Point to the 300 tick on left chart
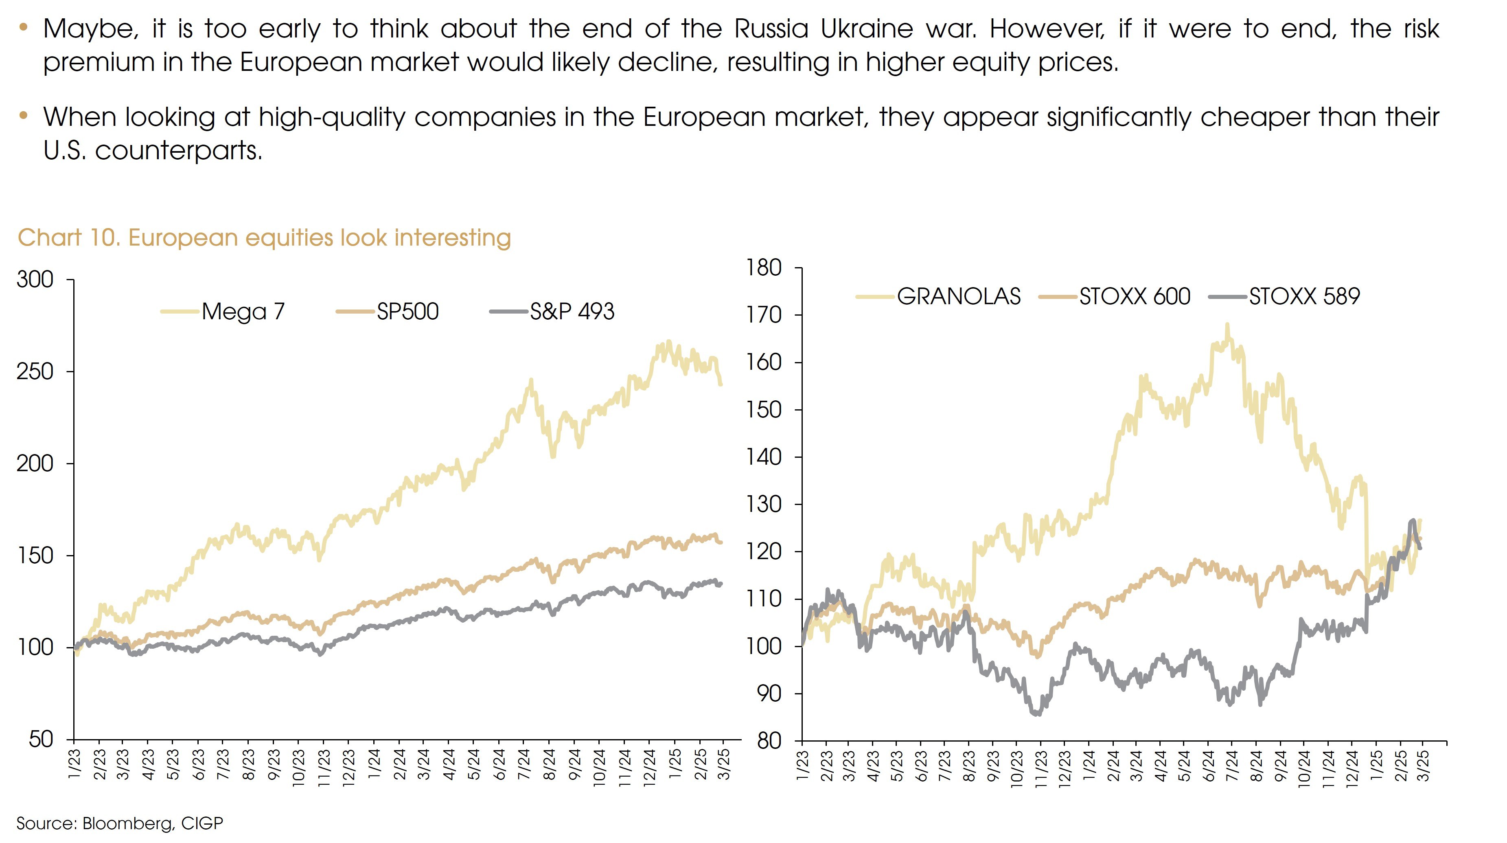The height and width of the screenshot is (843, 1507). click(x=35, y=280)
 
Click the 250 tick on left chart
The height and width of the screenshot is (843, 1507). click(x=35, y=372)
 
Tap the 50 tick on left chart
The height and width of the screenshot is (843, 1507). click(x=41, y=740)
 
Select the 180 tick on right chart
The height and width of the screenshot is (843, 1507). click(x=764, y=268)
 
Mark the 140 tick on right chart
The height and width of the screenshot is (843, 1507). click(x=764, y=457)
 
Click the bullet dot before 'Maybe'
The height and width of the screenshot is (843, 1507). click(x=23, y=26)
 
